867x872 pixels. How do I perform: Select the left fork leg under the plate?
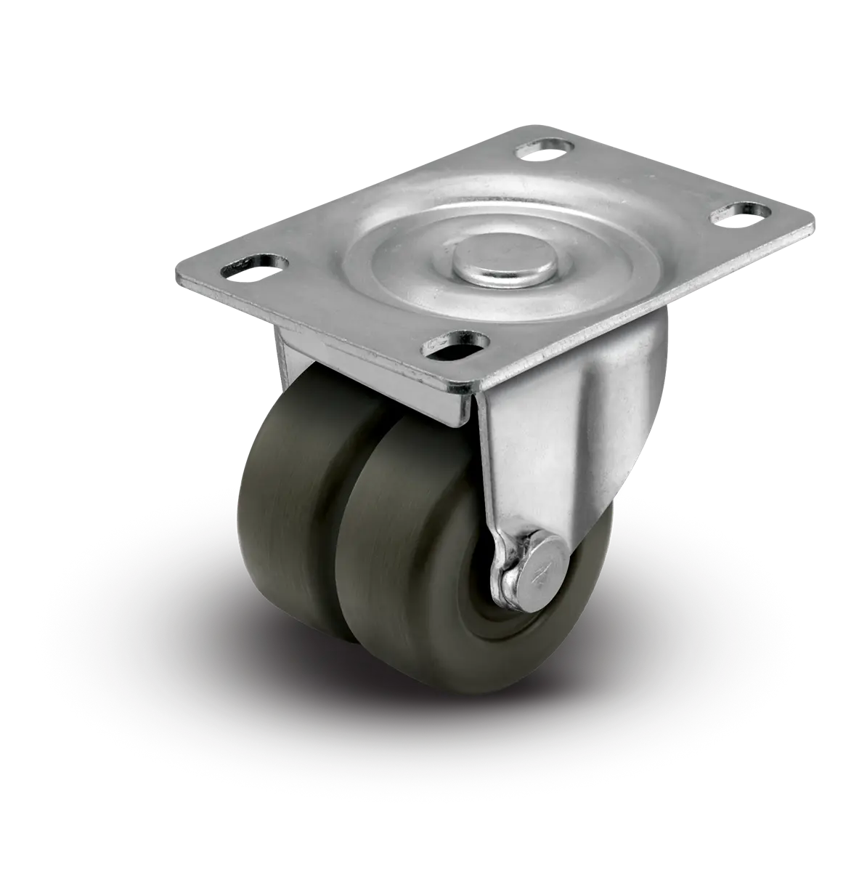[287, 356]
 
